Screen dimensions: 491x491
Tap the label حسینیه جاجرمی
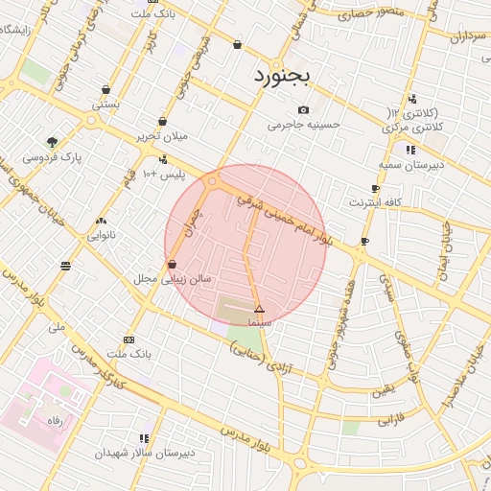pos(298,125)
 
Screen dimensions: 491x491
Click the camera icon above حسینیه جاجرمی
pos(304,110)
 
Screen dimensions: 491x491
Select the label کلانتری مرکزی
pos(414,127)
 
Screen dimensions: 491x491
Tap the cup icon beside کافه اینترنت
pos(375,188)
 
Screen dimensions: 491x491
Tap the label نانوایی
pos(102,234)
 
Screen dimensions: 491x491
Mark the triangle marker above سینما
pos(259,309)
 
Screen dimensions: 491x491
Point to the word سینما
pos(260,323)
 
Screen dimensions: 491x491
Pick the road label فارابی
pos(392,420)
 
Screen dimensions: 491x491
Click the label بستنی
pos(105,103)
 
